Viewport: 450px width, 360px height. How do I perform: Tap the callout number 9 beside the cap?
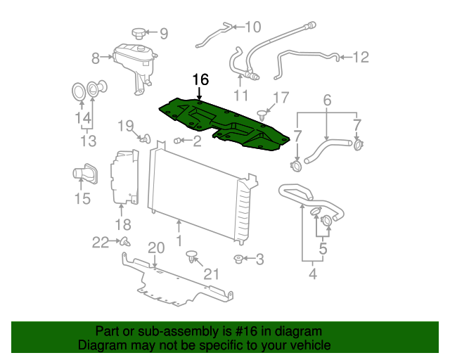(164, 32)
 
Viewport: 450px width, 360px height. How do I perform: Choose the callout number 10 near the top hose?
(252, 27)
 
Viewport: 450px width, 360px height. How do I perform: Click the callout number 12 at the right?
(361, 57)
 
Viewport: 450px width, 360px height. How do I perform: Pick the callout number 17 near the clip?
(281, 98)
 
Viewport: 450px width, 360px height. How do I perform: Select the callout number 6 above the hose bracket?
(327, 101)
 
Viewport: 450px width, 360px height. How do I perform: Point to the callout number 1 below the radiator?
(179, 240)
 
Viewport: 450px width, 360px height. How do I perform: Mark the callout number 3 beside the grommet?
(259, 260)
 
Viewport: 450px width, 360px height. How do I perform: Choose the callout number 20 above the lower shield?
(155, 247)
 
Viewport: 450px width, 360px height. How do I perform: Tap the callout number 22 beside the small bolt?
(101, 243)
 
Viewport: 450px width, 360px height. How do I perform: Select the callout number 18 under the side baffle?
(123, 225)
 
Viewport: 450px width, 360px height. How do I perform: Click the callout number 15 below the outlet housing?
(82, 199)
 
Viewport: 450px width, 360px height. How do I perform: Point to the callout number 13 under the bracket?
(88, 142)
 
